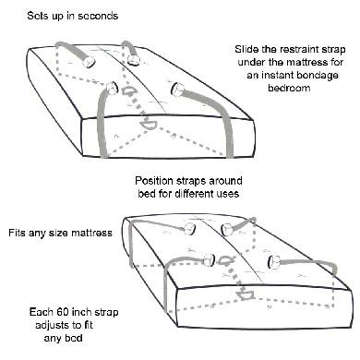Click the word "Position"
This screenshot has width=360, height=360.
(159, 180)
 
